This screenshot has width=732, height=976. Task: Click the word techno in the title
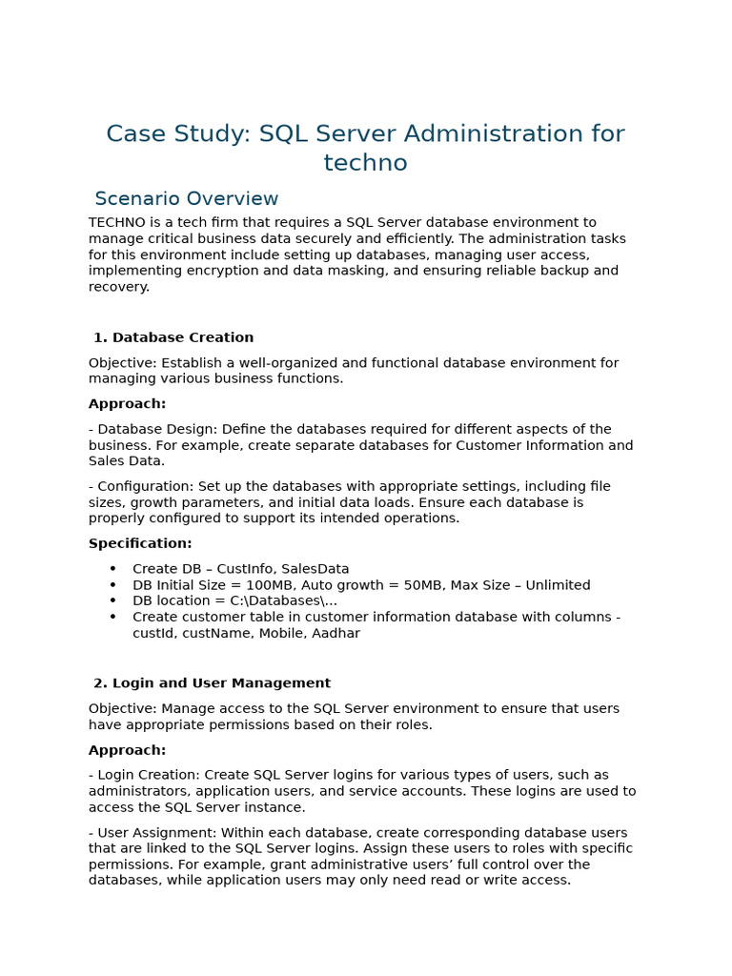(365, 163)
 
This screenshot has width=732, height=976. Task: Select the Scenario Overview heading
(187, 199)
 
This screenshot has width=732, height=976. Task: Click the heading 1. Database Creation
(173, 337)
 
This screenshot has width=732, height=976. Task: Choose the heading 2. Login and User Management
(212, 683)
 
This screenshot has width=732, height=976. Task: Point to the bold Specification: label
(140, 543)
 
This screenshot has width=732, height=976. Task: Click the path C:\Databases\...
(277, 601)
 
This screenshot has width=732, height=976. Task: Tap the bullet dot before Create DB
(112, 569)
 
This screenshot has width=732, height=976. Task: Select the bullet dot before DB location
(112, 601)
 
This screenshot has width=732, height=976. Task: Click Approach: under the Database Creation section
(127, 404)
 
